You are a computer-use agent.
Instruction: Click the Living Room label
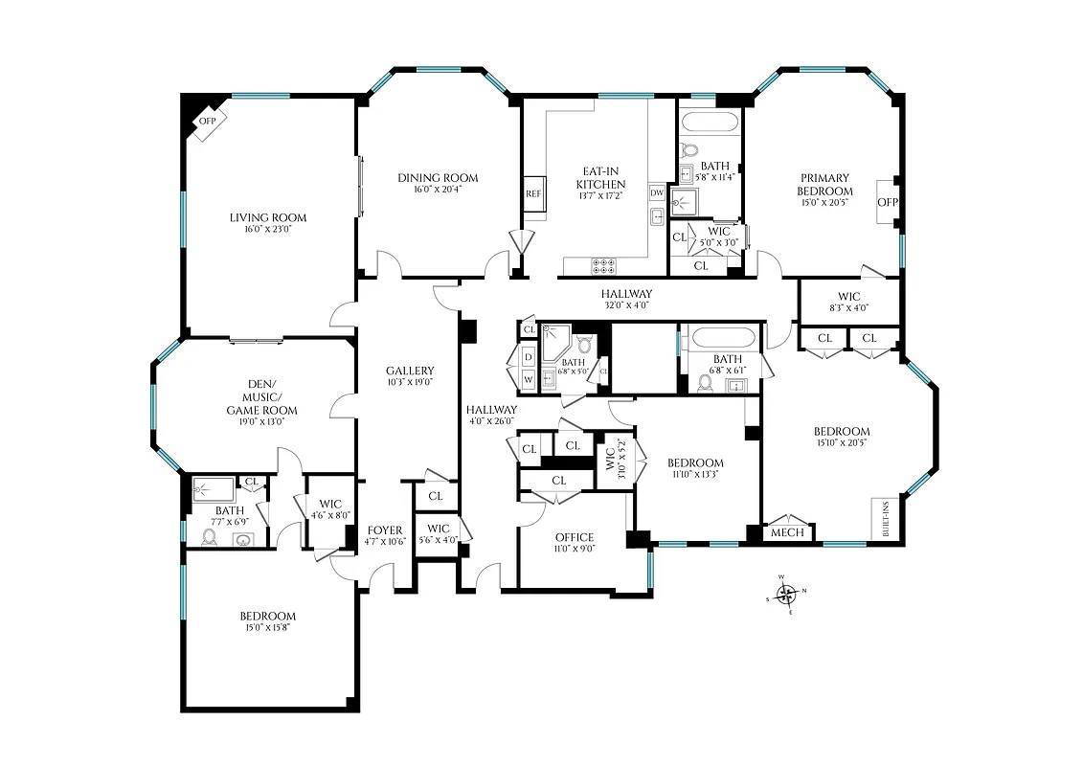click(268, 217)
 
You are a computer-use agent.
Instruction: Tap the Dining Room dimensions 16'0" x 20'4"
click(438, 190)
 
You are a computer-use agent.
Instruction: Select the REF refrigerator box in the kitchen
click(533, 192)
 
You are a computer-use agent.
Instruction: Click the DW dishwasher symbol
click(657, 192)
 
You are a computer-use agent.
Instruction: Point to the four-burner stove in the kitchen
click(604, 265)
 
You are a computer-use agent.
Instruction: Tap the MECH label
click(787, 532)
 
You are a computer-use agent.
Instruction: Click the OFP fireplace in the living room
click(207, 122)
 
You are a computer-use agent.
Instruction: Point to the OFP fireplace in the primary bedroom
click(888, 202)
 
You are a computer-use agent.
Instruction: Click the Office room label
click(575, 537)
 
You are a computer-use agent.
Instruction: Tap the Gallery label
click(410, 371)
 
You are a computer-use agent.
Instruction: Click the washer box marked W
click(528, 379)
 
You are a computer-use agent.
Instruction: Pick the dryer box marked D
click(528, 357)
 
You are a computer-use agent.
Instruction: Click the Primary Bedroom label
click(824, 184)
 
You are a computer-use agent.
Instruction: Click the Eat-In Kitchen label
click(600, 177)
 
